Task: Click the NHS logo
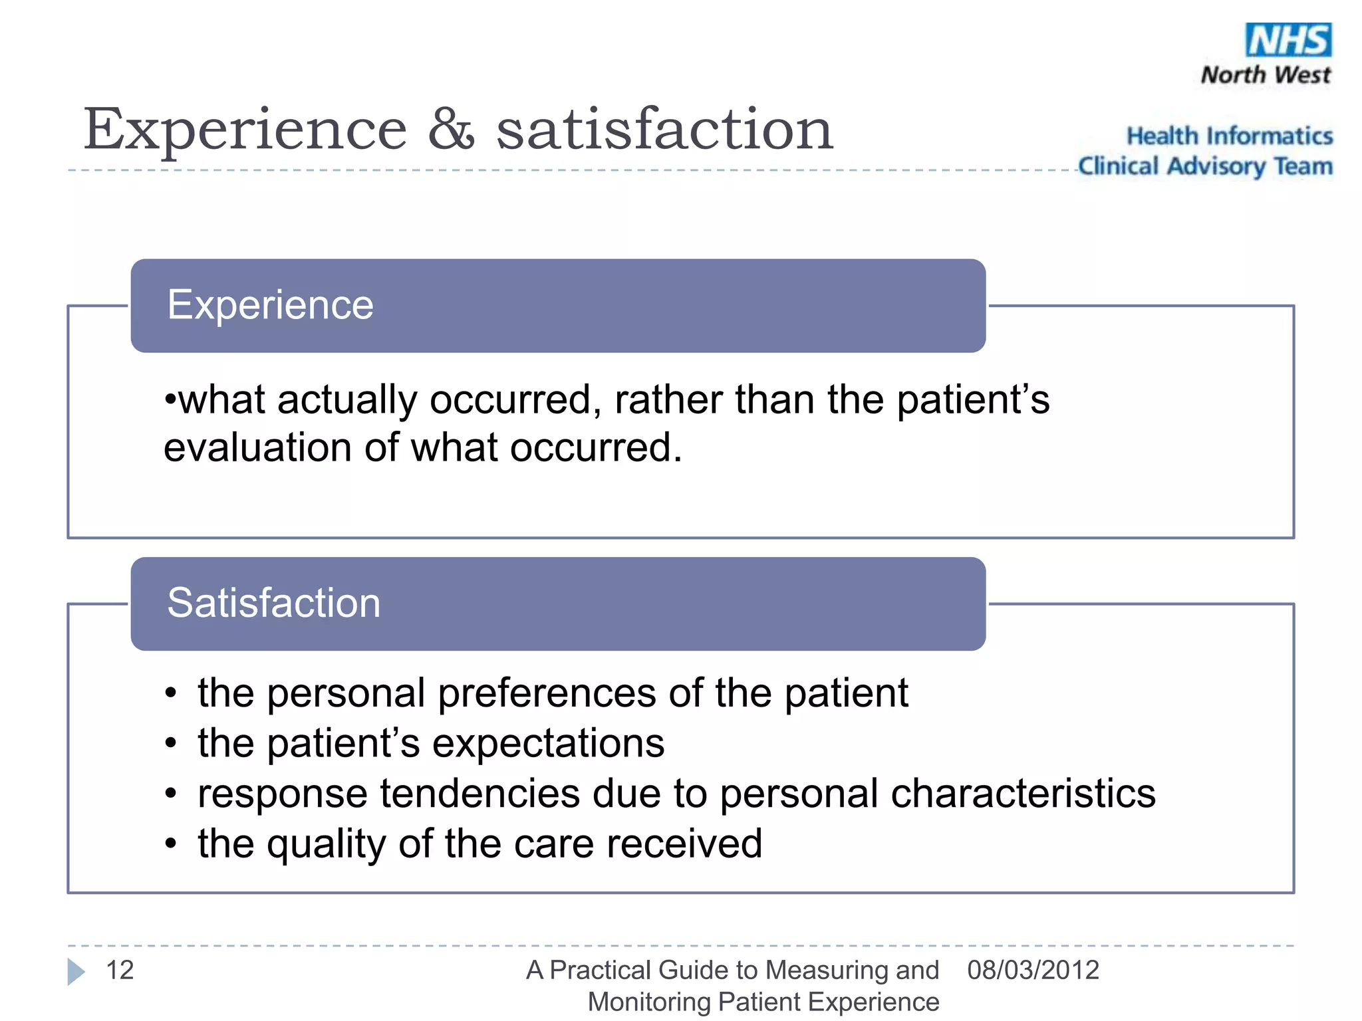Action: (1288, 41)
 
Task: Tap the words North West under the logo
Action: (1265, 74)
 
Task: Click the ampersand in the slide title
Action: (451, 129)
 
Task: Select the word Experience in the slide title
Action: (245, 130)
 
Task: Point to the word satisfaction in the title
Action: (664, 129)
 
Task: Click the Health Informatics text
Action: (1229, 136)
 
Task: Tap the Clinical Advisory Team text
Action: (1205, 166)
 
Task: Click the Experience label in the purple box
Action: (270, 305)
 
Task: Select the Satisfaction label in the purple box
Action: (273, 603)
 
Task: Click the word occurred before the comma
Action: (515, 400)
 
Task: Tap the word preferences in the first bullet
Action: (547, 693)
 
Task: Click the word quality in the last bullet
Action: (327, 844)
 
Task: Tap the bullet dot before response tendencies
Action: (171, 794)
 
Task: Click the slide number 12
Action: (120, 970)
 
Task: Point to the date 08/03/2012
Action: (1033, 970)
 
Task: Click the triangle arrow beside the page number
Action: (76, 972)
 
